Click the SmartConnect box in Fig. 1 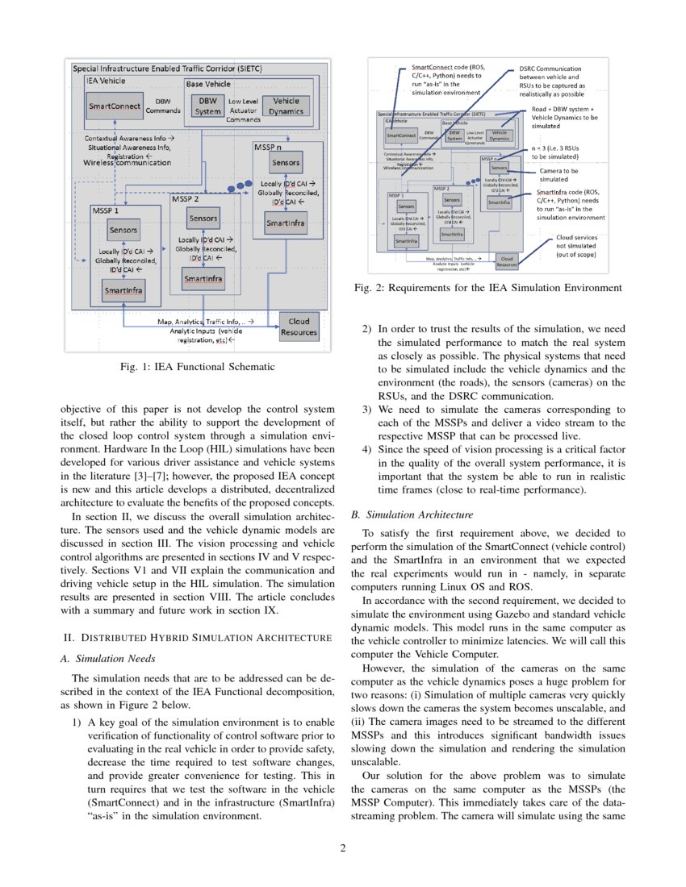coord(111,106)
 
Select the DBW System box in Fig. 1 coord(207,106)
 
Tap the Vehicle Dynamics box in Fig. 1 coord(286,106)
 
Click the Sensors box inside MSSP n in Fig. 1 coord(286,162)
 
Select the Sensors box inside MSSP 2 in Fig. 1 coord(203,218)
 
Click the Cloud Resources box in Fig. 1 coord(299,326)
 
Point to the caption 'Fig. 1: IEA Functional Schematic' coord(197,368)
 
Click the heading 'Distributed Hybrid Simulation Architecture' coord(197,639)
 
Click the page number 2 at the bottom coord(342,848)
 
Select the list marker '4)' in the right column coord(367,449)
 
